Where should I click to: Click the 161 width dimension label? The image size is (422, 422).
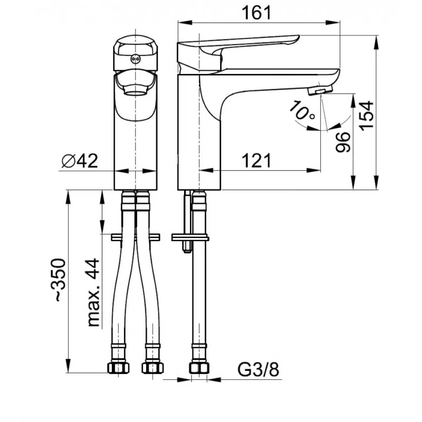(x=256, y=13)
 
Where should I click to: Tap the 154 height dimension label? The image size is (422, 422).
(x=367, y=116)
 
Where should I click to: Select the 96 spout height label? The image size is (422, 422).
(x=343, y=142)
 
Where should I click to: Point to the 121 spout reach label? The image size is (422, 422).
(x=256, y=161)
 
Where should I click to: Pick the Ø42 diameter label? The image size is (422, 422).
(x=80, y=161)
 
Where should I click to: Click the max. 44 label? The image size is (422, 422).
(x=93, y=293)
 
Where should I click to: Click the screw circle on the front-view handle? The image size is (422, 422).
(x=135, y=59)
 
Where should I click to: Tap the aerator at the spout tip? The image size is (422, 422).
(x=320, y=90)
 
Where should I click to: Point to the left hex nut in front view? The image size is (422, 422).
(x=118, y=368)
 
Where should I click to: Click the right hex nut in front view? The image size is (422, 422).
(x=152, y=368)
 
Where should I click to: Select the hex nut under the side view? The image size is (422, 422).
(x=199, y=368)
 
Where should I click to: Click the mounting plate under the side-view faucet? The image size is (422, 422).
(x=190, y=237)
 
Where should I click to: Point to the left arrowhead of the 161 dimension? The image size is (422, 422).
(x=185, y=23)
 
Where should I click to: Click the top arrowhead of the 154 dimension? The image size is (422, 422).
(x=376, y=42)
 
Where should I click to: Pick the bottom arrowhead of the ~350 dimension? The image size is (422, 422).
(x=69, y=366)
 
